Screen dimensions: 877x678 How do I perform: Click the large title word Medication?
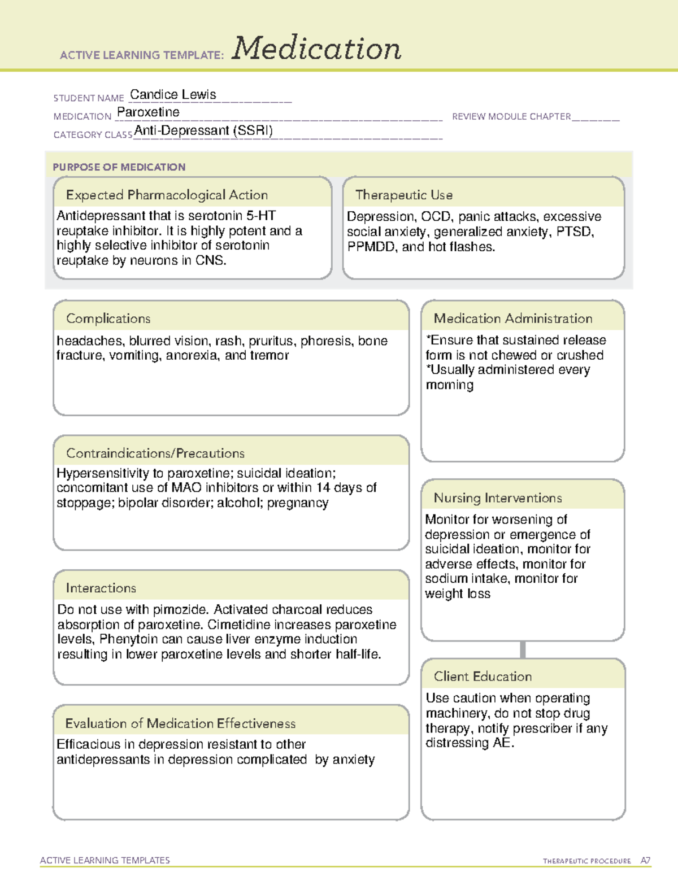[316, 49]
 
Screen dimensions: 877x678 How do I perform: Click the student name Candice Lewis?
[173, 95]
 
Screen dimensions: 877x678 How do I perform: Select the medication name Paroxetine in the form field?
[148, 112]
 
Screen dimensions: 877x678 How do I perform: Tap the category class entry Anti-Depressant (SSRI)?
[203, 131]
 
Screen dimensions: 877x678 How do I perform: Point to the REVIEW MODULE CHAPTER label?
[511, 117]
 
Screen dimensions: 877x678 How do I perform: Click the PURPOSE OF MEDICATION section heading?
[119, 167]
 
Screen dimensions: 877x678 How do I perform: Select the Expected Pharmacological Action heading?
[167, 195]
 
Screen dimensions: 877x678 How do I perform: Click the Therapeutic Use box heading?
[404, 195]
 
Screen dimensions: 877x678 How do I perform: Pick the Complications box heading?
[108, 319]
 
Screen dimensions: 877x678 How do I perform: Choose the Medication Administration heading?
[513, 319]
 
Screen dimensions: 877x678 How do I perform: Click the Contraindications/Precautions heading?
[155, 453]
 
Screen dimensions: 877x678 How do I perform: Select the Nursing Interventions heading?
[498, 498]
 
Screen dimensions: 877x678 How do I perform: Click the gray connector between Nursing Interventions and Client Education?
[523, 650]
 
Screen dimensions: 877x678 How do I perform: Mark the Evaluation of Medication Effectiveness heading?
[180, 724]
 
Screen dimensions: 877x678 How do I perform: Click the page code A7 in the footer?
[645, 861]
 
